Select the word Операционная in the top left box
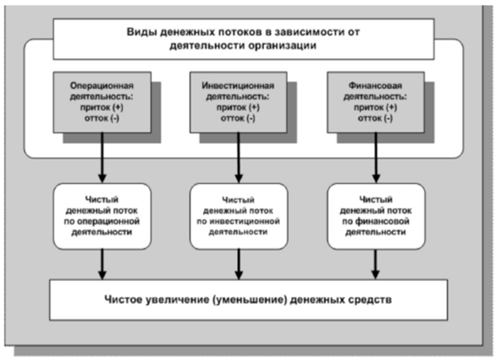[x=102, y=86]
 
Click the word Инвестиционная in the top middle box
[x=238, y=86]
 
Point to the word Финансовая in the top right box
[x=376, y=86]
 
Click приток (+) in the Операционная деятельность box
[x=102, y=108]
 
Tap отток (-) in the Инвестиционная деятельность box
[x=238, y=119]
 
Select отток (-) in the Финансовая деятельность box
[x=376, y=119]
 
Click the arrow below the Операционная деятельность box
[x=102, y=158]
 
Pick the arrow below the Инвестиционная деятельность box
[x=239, y=158]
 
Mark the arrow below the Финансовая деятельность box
[x=376, y=158]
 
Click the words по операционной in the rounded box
[x=102, y=221]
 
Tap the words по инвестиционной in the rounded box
[x=238, y=221]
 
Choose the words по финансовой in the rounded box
[x=376, y=221]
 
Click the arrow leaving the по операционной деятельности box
[x=102, y=264]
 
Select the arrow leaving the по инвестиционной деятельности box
[x=239, y=264]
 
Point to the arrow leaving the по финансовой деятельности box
[x=376, y=264]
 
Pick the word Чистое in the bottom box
[x=124, y=300]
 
